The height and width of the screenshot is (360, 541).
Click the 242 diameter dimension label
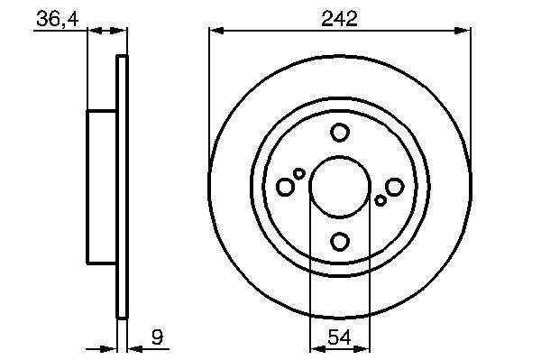[x=340, y=19]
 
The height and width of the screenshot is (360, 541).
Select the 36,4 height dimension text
[x=58, y=19]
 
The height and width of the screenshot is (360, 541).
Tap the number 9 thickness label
[x=157, y=337]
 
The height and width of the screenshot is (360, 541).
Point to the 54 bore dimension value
[x=340, y=337]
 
